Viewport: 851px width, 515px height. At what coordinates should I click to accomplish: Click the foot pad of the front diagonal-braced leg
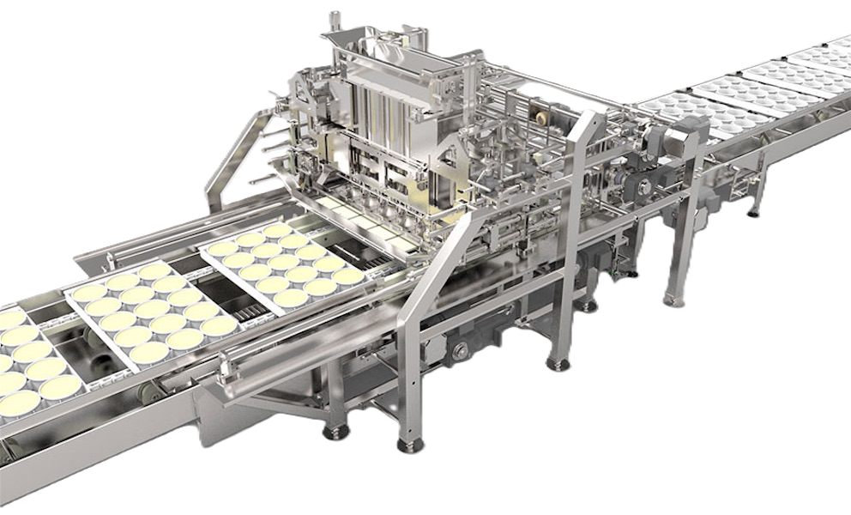[408, 443]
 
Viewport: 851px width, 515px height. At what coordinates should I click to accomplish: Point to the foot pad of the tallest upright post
[558, 363]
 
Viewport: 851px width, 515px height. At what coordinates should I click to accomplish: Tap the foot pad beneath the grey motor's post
[672, 299]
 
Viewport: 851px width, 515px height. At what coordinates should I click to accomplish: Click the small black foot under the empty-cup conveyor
[754, 210]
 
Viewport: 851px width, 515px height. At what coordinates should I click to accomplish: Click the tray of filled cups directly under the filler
[283, 263]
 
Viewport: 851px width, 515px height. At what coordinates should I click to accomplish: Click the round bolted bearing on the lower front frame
[462, 350]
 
